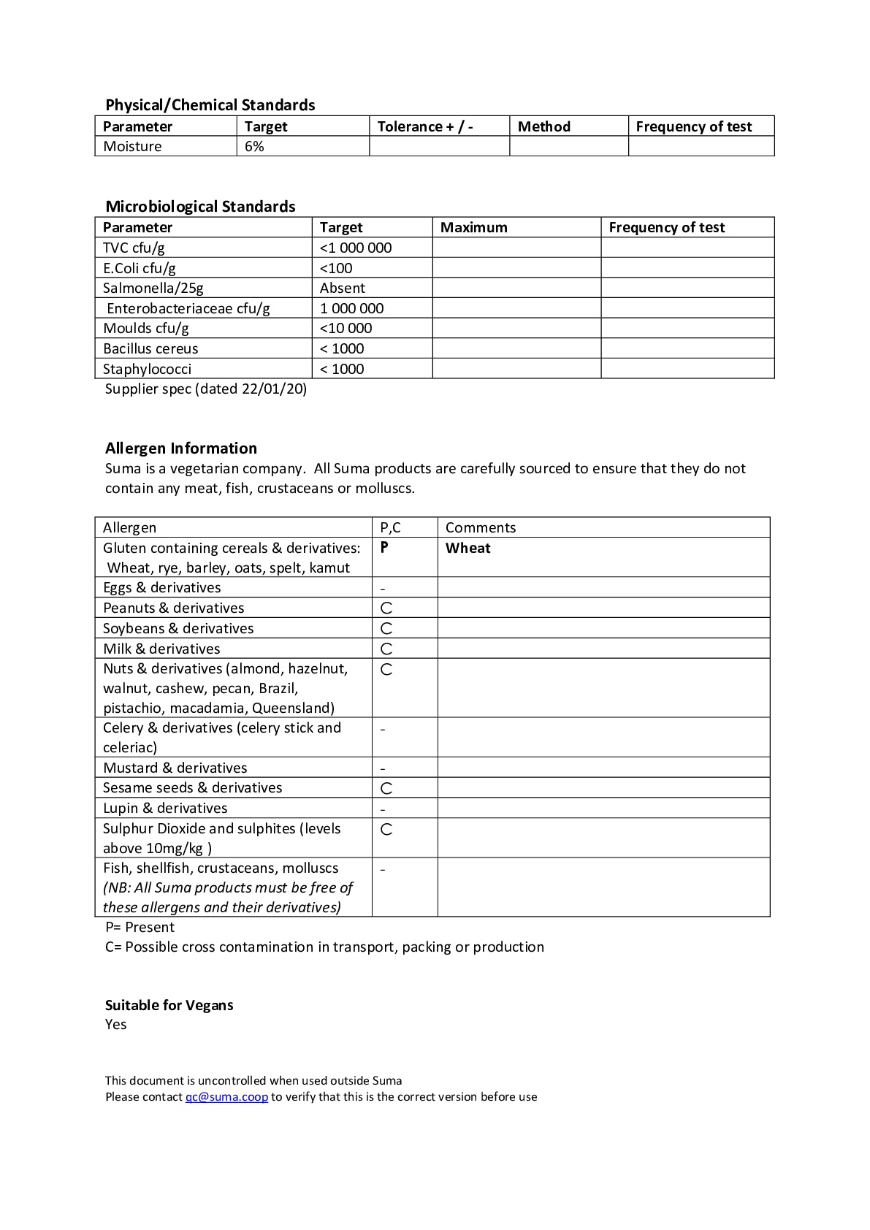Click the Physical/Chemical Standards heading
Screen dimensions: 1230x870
tap(210, 105)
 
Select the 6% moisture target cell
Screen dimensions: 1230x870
tap(254, 147)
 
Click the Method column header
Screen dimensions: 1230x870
tap(543, 127)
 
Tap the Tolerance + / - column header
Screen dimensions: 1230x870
tap(425, 127)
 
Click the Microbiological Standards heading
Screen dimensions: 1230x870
tap(200, 207)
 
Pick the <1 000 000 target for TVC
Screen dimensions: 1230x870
tap(356, 248)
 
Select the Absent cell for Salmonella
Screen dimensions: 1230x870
tap(342, 289)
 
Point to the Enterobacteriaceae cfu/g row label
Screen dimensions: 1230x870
tap(188, 309)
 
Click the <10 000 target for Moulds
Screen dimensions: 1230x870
tap(346, 329)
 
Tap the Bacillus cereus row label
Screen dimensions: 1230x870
tap(150, 349)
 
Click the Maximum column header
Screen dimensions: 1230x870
tap(473, 228)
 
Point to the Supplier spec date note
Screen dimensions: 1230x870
tap(206, 389)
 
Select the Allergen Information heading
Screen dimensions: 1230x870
tap(181, 448)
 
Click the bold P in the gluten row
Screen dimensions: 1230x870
tap(384, 548)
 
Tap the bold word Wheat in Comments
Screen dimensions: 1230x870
tap(468, 549)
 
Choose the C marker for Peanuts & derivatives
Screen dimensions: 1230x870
tap(386, 608)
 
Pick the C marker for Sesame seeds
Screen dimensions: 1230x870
tap(386, 789)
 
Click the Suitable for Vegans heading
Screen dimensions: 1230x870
tap(169, 1006)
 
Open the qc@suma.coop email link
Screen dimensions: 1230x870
tap(226, 1097)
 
